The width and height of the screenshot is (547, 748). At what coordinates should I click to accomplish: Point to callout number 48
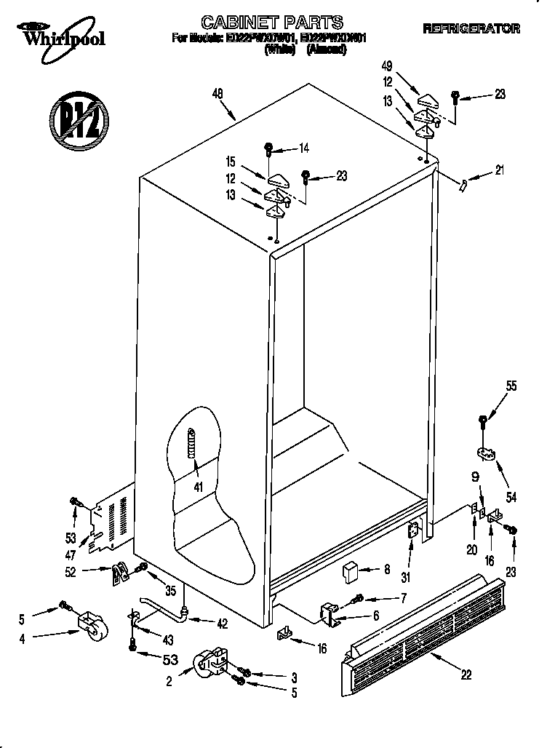pos(217,93)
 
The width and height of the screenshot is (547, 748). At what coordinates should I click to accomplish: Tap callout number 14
pos(303,148)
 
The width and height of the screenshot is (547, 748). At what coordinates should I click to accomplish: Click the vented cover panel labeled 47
pos(110,518)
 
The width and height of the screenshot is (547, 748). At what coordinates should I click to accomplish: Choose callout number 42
pos(222,622)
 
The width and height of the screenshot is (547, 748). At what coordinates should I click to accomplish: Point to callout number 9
pos(475,479)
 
